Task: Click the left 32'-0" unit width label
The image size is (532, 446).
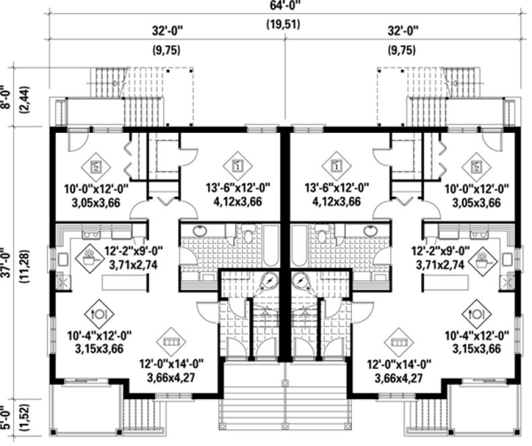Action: point(169,31)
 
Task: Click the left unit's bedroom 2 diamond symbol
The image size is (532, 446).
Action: point(97,165)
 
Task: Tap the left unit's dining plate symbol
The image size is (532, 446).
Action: point(98,313)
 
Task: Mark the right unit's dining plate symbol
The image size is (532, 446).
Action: point(474,313)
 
